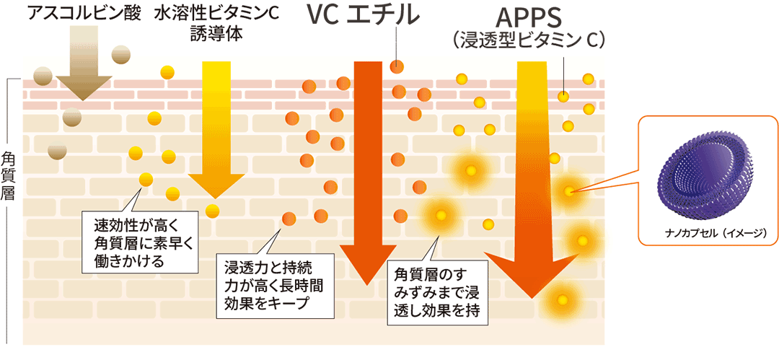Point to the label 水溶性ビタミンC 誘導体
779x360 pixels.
tap(216, 23)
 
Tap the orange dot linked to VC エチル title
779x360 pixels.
tap(396, 66)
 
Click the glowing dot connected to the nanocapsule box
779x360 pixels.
tap(569, 191)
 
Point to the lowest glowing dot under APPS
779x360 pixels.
tap(560, 299)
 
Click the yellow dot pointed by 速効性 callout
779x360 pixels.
tap(146, 179)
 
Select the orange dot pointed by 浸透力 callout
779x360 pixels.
tap(289, 218)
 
